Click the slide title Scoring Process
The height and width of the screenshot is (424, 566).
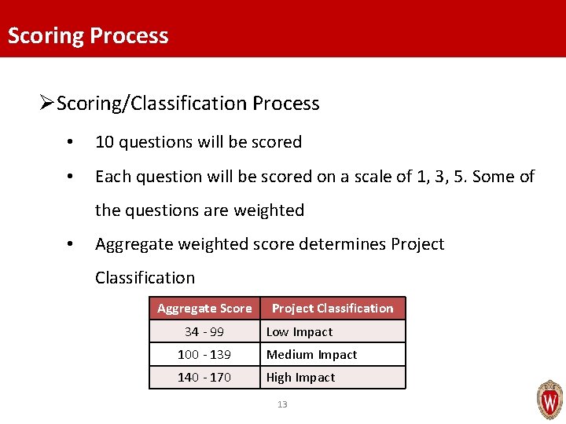(x=88, y=36)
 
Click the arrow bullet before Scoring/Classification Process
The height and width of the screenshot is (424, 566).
(x=46, y=103)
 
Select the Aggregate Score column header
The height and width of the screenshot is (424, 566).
(x=204, y=309)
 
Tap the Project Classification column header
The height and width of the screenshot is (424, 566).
(x=333, y=309)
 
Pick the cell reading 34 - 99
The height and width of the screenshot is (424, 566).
(x=204, y=332)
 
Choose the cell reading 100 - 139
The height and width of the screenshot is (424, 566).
(x=204, y=355)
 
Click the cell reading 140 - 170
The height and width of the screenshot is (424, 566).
(x=204, y=378)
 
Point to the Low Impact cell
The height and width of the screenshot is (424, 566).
(x=300, y=332)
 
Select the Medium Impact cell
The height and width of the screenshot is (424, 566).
(x=311, y=355)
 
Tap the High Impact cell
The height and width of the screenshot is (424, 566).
(x=300, y=378)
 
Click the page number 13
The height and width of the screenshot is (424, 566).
(x=282, y=404)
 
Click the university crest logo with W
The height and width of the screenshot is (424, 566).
(x=549, y=400)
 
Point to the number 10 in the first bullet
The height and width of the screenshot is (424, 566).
(x=104, y=142)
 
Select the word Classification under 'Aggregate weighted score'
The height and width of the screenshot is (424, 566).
(x=145, y=278)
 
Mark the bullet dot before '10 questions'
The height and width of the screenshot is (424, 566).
(x=71, y=143)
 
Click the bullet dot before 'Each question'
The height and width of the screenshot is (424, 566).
(x=71, y=177)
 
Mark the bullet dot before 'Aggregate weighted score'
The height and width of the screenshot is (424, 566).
(x=71, y=245)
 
